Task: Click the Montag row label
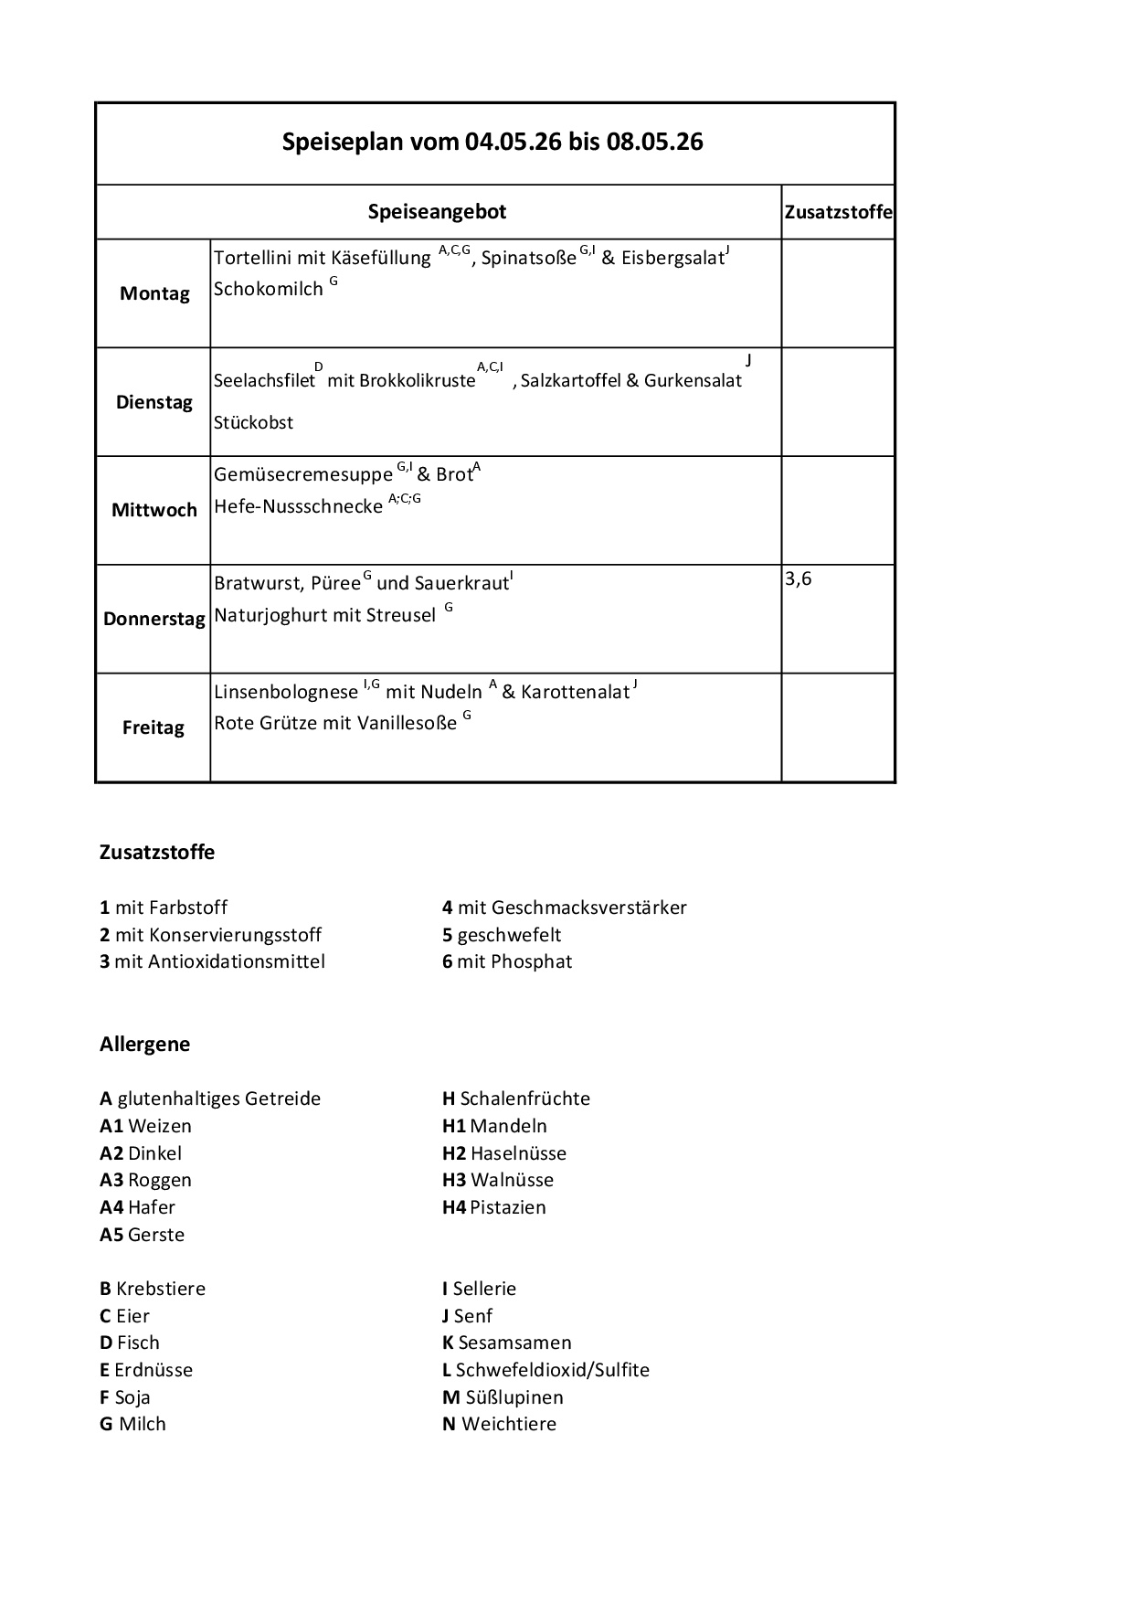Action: [x=154, y=293]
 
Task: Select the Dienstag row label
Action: [x=154, y=402]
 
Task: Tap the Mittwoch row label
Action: [x=154, y=510]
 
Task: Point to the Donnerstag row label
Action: [x=154, y=619]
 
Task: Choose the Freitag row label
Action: [x=154, y=727]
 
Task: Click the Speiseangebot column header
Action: [x=437, y=212]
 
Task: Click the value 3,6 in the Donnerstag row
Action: [x=799, y=579]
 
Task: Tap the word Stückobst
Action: [x=254, y=423]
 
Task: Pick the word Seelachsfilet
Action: [x=264, y=381]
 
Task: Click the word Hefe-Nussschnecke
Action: [x=298, y=506]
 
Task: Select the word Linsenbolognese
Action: [x=286, y=692]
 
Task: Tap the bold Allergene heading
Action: [x=145, y=1044]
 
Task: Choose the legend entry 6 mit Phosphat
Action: [x=507, y=961]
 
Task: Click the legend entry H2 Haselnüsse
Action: [x=504, y=1153]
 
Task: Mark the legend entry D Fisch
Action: [x=130, y=1343]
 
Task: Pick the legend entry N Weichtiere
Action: [x=499, y=1424]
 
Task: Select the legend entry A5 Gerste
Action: [x=142, y=1235]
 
